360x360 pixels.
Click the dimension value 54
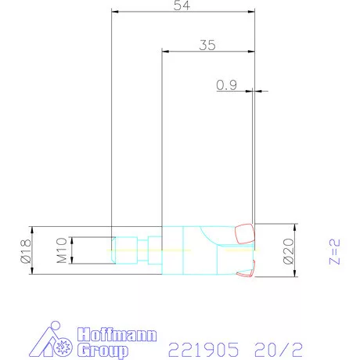182,5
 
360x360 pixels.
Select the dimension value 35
207,45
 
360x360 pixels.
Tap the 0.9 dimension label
226,86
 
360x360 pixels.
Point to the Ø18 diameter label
24,250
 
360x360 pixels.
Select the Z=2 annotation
333,252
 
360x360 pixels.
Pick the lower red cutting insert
247,268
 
